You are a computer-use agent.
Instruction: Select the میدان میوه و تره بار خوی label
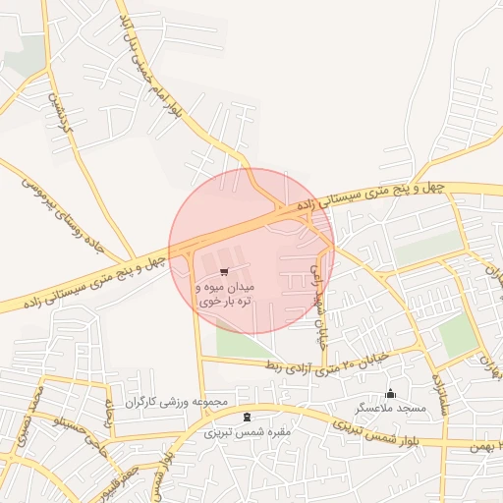pos(225,294)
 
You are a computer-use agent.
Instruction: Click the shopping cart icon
pos(225,272)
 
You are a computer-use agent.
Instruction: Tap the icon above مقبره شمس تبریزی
pos(233,417)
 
